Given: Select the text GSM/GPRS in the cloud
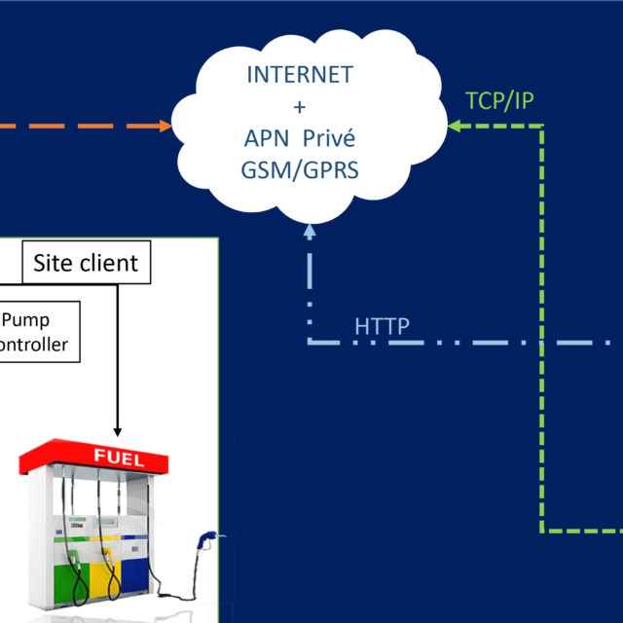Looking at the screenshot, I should coord(302,168).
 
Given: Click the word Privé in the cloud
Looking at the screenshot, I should coord(327,137).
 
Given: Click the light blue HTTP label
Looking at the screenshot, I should coord(382,326).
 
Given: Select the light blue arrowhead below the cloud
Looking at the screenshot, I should coord(310,232).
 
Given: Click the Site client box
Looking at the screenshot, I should coord(86,262).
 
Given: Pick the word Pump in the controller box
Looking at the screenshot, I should coord(27,319).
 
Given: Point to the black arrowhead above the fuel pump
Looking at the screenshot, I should coord(118,430).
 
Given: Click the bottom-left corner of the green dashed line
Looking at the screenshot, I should coord(542,531).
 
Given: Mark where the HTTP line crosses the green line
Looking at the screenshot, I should coord(542,343).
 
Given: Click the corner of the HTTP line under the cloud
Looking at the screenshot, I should coord(310,343).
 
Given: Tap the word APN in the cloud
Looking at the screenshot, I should coord(268,137).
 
